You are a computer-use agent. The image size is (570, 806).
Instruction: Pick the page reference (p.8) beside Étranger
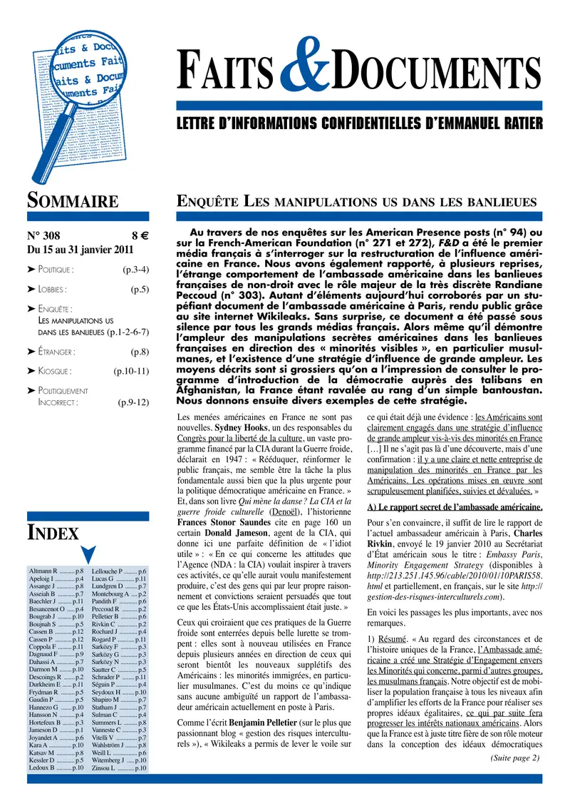tap(139, 352)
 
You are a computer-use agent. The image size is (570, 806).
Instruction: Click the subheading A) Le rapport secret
tap(454, 507)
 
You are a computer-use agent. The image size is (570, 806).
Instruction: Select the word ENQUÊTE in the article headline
tap(207, 201)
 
